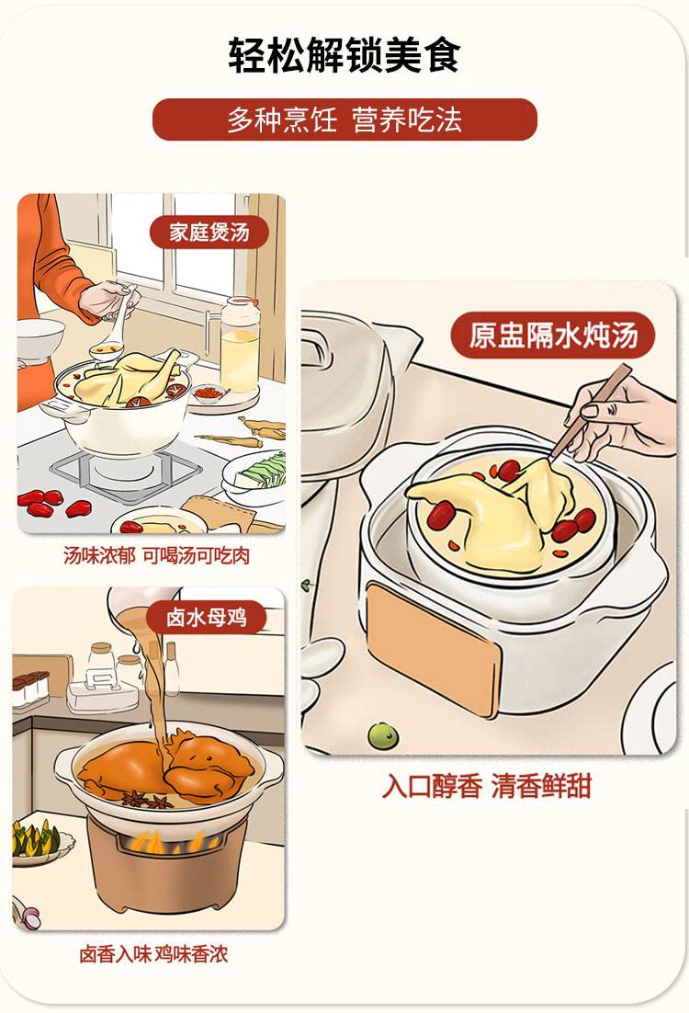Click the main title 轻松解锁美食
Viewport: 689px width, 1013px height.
pos(344,54)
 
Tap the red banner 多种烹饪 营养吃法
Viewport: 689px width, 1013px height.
pos(344,120)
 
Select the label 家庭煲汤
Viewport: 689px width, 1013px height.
pos(209,232)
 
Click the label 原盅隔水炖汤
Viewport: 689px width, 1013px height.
pos(553,335)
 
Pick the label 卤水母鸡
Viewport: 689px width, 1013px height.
pos(207,617)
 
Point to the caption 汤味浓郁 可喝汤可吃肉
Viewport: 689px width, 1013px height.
pos(156,555)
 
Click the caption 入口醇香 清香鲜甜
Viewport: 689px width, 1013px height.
pos(487,787)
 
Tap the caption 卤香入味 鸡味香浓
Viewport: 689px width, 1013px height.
pos(153,954)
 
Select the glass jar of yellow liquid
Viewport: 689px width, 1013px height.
pos(240,345)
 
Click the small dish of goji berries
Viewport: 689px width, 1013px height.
pos(209,393)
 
